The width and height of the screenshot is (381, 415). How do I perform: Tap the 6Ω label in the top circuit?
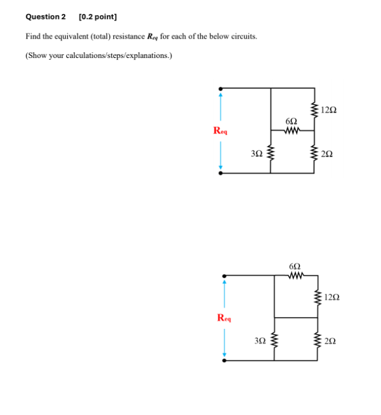(x=292, y=121)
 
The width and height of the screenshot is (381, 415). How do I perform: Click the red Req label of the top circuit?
(x=221, y=131)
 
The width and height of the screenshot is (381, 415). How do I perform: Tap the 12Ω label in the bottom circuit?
(x=332, y=297)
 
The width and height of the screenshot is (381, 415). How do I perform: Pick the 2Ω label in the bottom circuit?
(x=331, y=340)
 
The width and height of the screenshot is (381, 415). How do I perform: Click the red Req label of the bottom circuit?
(x=224, y=318)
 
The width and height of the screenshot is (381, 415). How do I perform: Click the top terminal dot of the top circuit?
(x=221, y=89)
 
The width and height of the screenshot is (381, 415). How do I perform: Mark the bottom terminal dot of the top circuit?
(x=221, y=174)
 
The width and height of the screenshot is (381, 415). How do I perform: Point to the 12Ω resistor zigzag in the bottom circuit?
(x=318, y=297)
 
